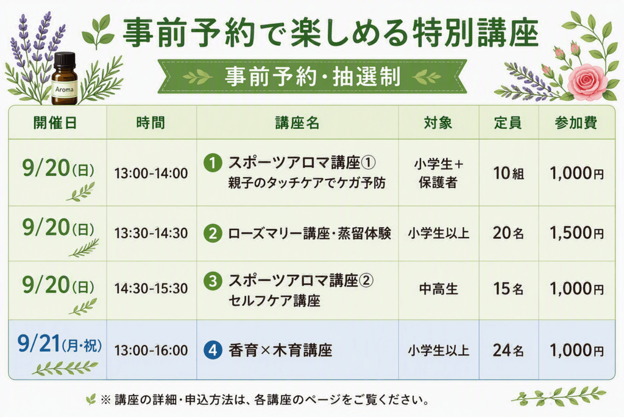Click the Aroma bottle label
pos(64,90)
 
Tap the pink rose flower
pos(587,81)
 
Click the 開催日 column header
pos(55,123)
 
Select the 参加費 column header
pos(576,123)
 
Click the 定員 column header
pos(508,123)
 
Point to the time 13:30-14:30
pos(151,233)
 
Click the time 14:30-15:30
pos(151,289)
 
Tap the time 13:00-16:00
pos(151,350)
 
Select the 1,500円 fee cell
pos(576,233)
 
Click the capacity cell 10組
pos(509,173)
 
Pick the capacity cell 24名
pos(508,350)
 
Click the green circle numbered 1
pos(213,163)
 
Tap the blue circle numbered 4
pos(213,350)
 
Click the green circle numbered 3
pos(213,281)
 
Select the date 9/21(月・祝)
pos(59,344)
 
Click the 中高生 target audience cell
pos(439,289)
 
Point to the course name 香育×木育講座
pos(280,350)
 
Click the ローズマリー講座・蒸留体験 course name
pos(309,233)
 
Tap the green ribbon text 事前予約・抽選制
pos(313,76)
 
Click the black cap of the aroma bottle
pos(65,60)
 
